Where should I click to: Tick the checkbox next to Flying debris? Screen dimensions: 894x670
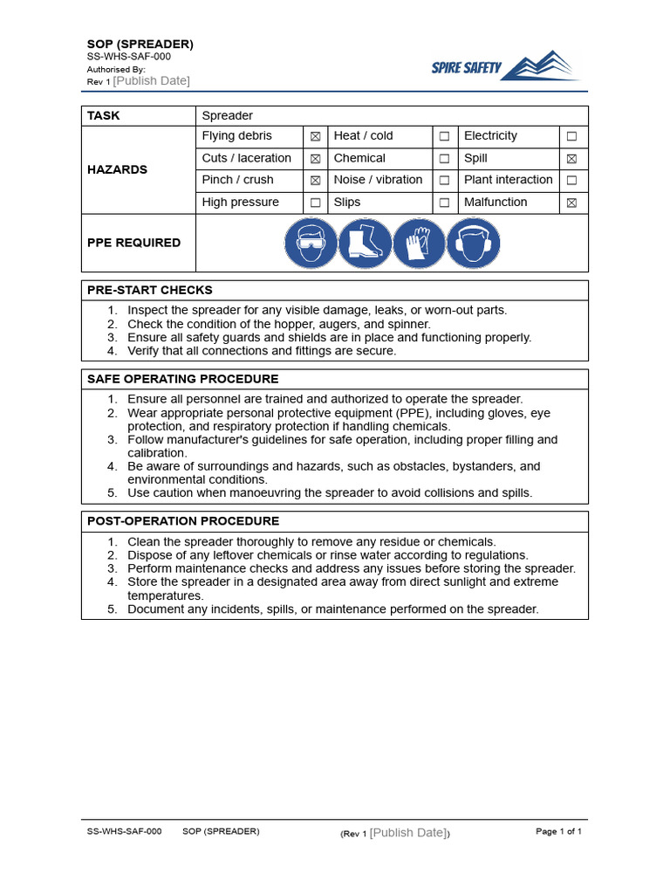(x=315, y=136)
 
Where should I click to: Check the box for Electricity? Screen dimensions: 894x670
(x=571, y=136)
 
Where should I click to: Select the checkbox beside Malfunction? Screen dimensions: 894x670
(x=571, y=203)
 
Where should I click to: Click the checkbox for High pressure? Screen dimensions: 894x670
(x=315, y=203)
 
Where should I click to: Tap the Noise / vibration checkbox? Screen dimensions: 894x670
(x=444, y=181)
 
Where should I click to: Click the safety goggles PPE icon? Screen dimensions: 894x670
(x=311, y=243)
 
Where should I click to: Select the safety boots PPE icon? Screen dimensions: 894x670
(x=365, y=243)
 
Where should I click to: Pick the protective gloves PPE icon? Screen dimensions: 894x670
(x=419, y=243)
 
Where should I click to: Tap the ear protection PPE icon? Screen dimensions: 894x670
(x=473, y=243)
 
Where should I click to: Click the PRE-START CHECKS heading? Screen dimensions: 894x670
(x=150, y=290)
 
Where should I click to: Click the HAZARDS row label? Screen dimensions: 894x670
(x=117, y=169)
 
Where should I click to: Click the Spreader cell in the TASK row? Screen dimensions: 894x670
(x=227, y=115)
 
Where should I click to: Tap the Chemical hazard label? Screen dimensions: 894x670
(x=359, y=158)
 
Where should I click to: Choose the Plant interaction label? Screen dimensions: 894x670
(x=509, y=180)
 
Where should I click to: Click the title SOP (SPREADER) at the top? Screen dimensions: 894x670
(x=140, y=44)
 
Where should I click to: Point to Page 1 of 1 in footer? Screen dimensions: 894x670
(x=558, y=831)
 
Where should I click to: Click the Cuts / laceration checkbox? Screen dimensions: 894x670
(x=315, y=159)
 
